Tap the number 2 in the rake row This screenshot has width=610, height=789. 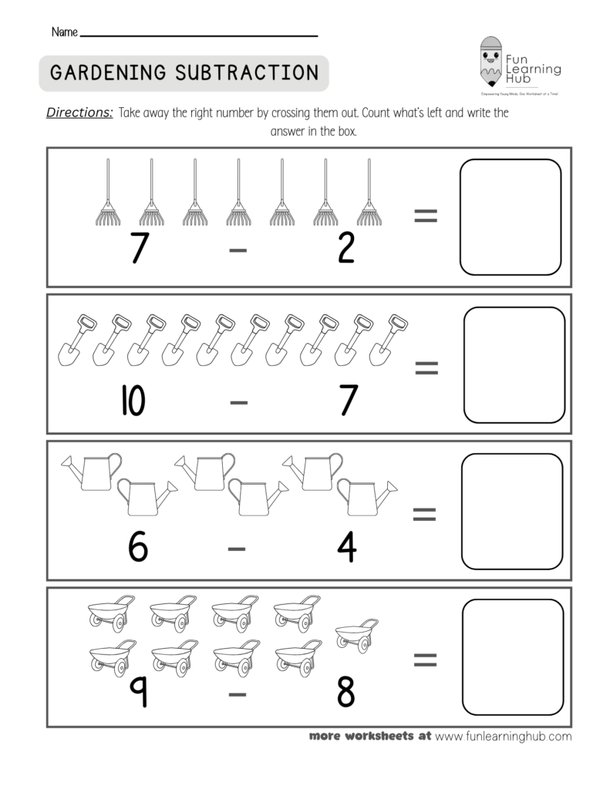pos(346,248)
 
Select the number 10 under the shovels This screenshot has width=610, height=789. pos(132,400)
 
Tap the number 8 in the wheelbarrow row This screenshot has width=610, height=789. pos(346,691)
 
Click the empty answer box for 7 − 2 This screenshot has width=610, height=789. pos(510,217)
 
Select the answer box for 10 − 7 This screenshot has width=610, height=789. pos(514,364)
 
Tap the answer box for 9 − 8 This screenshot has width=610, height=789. pos(513,657)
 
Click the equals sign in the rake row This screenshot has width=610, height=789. pos(426,217)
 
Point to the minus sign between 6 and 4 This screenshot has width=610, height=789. pos(238,549)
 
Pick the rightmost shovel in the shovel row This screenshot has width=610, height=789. pos(387,339)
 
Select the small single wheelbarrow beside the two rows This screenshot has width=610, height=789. pos(356,633)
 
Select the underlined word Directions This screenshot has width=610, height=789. pos(80,112)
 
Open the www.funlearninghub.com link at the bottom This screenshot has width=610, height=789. pos(504,736)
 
